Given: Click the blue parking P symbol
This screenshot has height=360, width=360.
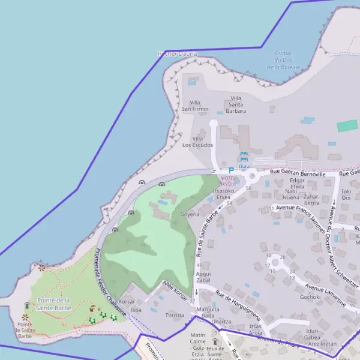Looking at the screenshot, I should (x=231, y=170).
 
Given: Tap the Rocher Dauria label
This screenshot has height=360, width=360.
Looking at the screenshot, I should (x=176, y=54).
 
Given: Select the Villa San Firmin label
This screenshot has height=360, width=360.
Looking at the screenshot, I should (x=196, y=106).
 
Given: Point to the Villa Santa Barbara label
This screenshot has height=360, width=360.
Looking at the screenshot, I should (x=236, y=104).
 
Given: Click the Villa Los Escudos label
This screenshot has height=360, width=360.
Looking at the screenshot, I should (x=197, y=142).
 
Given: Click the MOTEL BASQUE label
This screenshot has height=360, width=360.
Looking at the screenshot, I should (x=229, y=181).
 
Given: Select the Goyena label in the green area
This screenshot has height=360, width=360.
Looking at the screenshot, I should (x=190, y=214).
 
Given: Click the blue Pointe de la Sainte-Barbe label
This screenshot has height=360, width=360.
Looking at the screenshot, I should (x=54, y=304).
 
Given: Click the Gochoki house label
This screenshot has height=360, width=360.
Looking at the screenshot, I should (x=310, y=296).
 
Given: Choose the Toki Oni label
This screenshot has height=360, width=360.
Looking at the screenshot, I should (x=346, y=194).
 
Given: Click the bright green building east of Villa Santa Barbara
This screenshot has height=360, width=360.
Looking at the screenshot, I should (x=347, y=126).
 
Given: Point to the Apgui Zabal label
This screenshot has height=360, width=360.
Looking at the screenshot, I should (x=203, y=277).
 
